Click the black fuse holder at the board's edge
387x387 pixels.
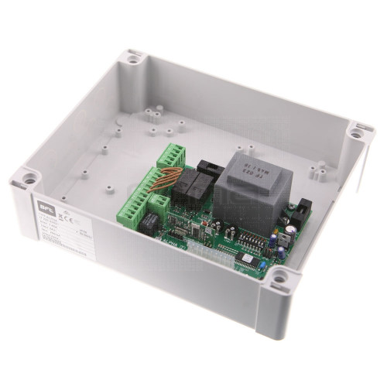click(304, 207)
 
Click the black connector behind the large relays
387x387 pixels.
click(209, 166)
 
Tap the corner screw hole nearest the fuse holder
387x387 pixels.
click(358, 132)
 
